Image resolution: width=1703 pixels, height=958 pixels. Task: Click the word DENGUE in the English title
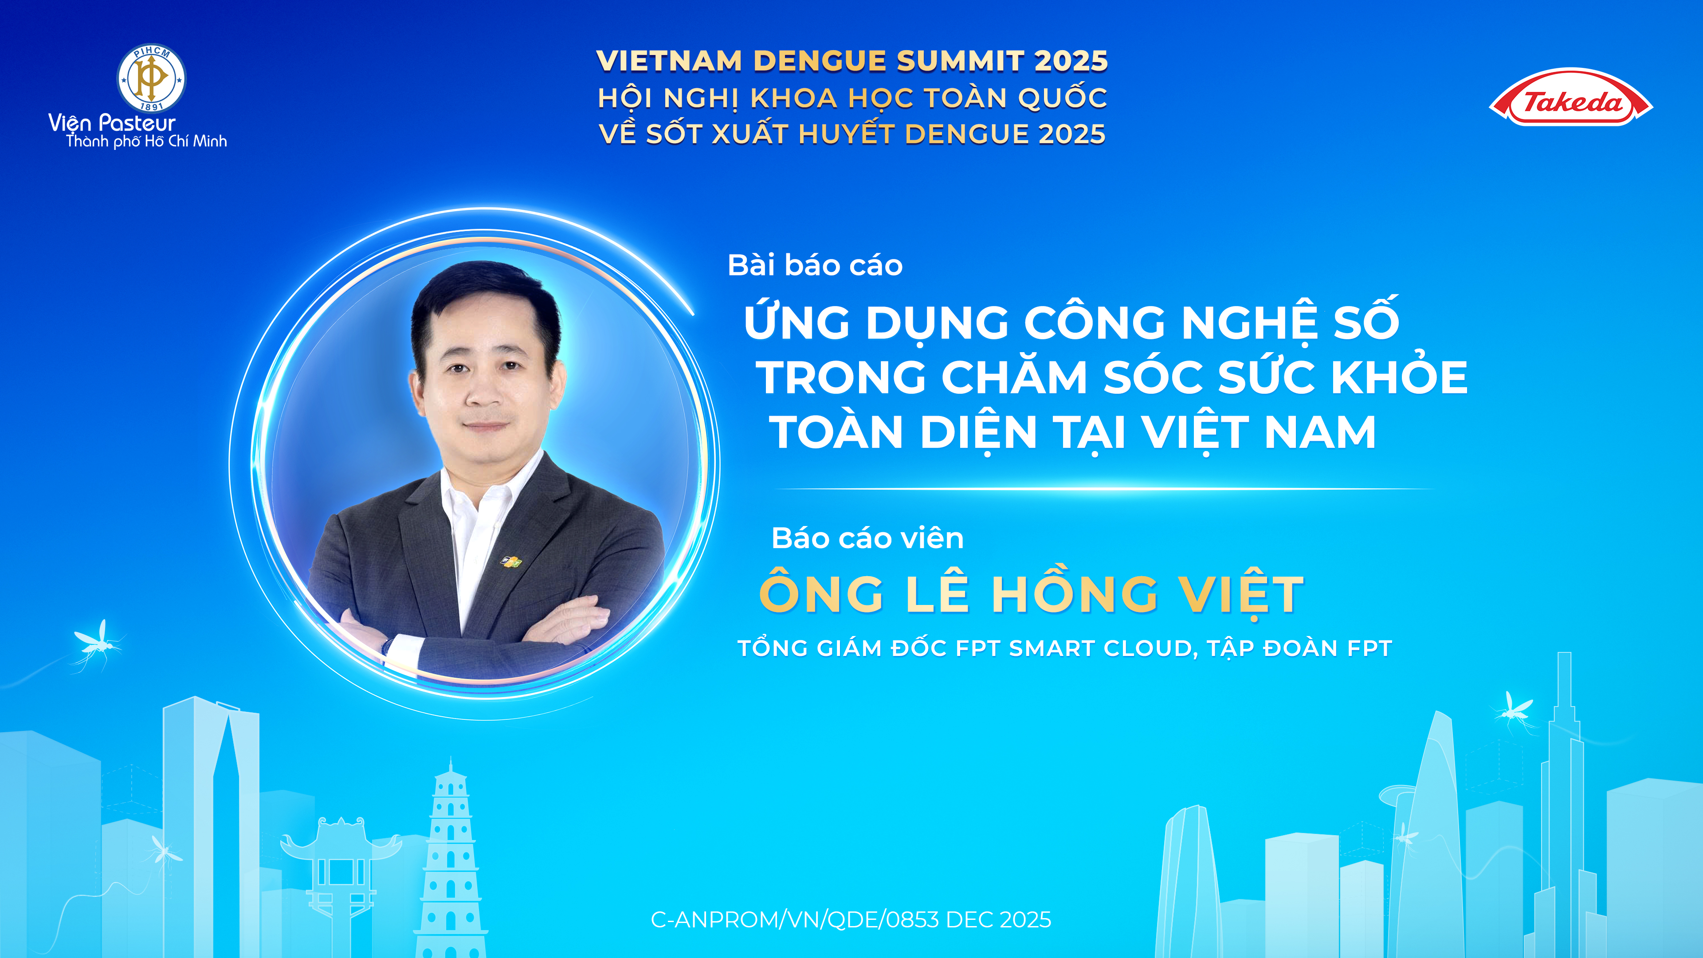pos(819,61)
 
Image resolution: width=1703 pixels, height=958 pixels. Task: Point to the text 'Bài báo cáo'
pos(815,266)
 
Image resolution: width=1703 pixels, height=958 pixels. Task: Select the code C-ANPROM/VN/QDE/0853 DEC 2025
pos(851,920)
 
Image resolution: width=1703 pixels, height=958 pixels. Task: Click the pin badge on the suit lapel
pos(511,562)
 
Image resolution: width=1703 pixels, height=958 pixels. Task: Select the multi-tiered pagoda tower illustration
pos(450,860)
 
